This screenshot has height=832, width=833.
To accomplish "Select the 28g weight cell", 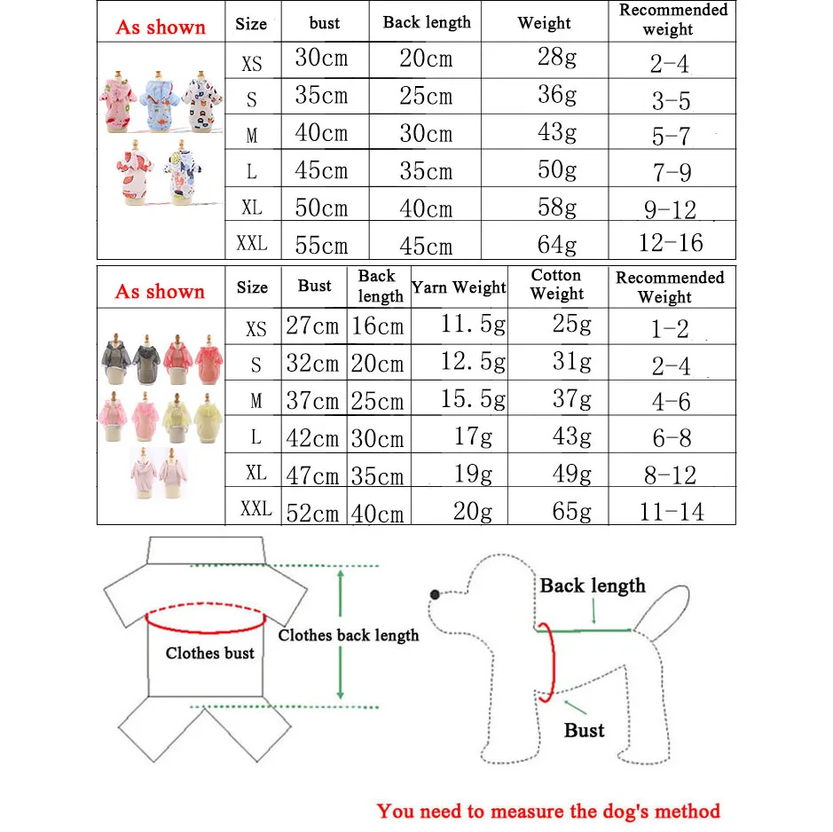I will [x=556, y=59].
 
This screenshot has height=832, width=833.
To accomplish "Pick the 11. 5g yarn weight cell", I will [x=473, y=326].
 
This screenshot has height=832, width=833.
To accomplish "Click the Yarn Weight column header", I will [x=459, y=287].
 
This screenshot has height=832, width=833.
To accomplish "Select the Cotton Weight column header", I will [x=557, y=285].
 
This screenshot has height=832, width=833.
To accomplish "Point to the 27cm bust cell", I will [x=312, y=326].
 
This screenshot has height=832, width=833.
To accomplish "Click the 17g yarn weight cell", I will [x=473, y=437].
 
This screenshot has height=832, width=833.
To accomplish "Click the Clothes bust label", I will [x=209, y=654].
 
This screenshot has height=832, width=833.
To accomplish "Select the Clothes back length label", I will [x=348, y=635].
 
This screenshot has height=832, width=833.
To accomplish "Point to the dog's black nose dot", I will [x=436, y=594].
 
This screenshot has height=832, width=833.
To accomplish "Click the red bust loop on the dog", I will [x=546, y=661].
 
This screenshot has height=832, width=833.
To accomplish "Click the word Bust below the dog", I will [x=584, y=731].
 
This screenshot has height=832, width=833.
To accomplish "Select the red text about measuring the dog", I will [x=548, y=811].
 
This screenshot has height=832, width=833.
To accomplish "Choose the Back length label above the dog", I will [x=593, y=585].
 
